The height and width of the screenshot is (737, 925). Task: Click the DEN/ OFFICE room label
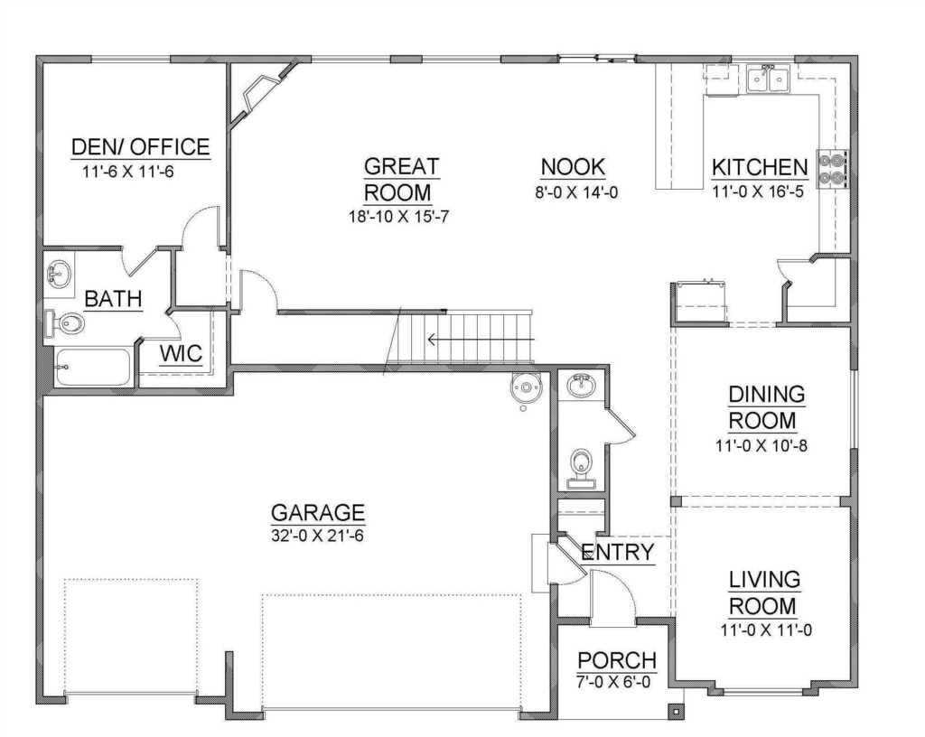point(140,146)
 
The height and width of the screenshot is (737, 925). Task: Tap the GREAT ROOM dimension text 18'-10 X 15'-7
point(398,217)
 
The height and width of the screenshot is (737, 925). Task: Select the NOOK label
point(573,167)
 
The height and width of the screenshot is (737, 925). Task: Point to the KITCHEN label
point(759,167)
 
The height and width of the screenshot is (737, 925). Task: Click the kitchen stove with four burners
point(832,169)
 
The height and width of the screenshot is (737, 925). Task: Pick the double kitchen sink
point(768,79)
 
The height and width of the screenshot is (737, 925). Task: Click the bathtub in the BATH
point(93,368)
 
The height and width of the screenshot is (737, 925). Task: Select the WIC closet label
point(181,354)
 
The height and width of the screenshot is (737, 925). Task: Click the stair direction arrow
point(481,340)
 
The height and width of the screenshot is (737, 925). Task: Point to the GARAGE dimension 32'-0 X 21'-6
point(317,536)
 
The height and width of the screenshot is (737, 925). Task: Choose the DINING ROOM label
point(766,407)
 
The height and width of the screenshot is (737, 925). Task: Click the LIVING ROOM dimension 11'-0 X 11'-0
point(766,630)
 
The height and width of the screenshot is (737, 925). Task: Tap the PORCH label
point(616,659)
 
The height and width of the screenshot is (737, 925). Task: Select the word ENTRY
point(618,553)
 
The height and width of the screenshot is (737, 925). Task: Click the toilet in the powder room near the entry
point(581,469)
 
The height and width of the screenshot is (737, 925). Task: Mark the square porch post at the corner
point(675,711)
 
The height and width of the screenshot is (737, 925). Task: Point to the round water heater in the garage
point(526,387)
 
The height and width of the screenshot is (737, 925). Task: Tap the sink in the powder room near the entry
point(581,385)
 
